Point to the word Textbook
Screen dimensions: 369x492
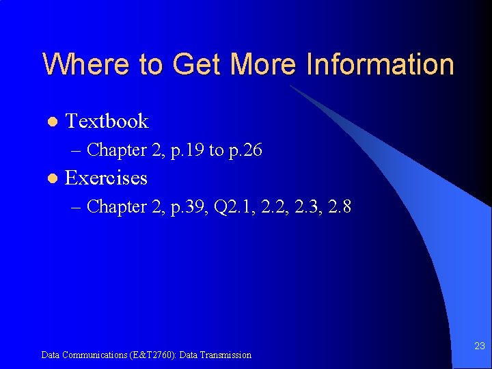107,121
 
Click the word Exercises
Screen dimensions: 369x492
106,178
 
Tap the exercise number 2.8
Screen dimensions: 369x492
340,206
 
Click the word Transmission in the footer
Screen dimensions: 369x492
226,355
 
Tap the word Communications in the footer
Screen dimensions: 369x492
91,355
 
